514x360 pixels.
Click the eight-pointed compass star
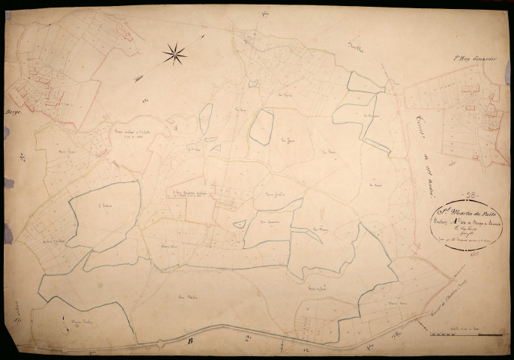(x=175, y=52)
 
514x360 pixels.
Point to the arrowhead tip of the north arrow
(x=204, y=35)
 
